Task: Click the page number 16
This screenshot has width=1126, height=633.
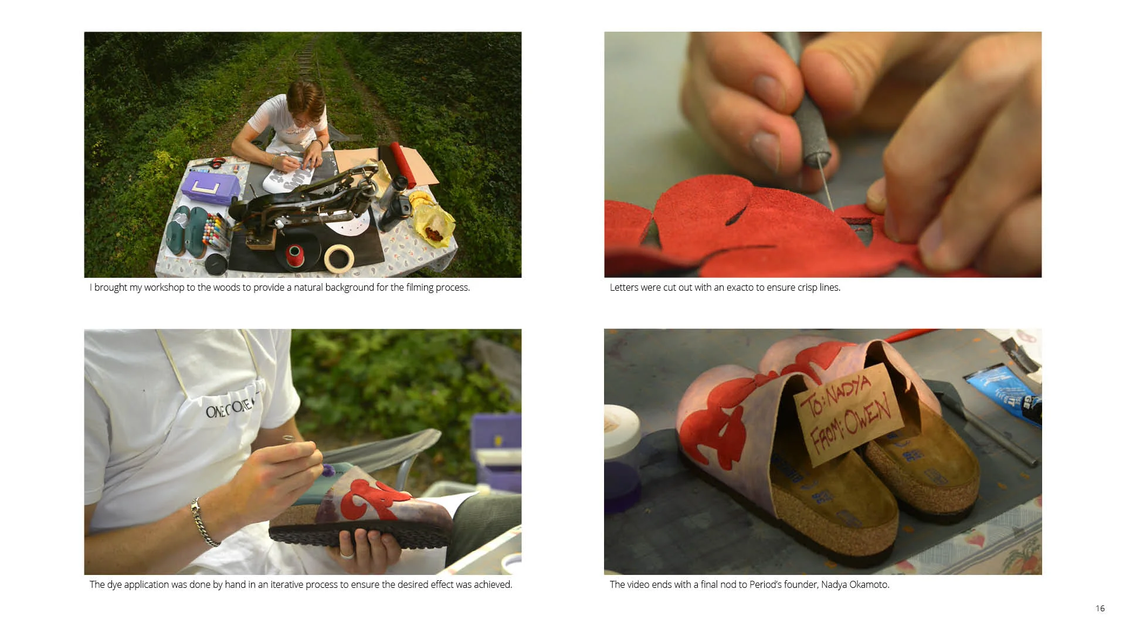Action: (x=1100, y=608)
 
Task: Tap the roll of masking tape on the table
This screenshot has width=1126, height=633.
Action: (x=339, y=258)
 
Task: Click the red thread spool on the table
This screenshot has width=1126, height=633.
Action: (x=293, y=256)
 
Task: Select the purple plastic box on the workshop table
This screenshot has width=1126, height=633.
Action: (x=209, y=187)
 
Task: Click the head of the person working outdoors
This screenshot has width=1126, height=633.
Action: (x=305, y=104)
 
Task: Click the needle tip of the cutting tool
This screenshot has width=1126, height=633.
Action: (x=832, y=209)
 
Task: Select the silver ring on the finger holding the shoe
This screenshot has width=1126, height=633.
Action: (x=347, y=553)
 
